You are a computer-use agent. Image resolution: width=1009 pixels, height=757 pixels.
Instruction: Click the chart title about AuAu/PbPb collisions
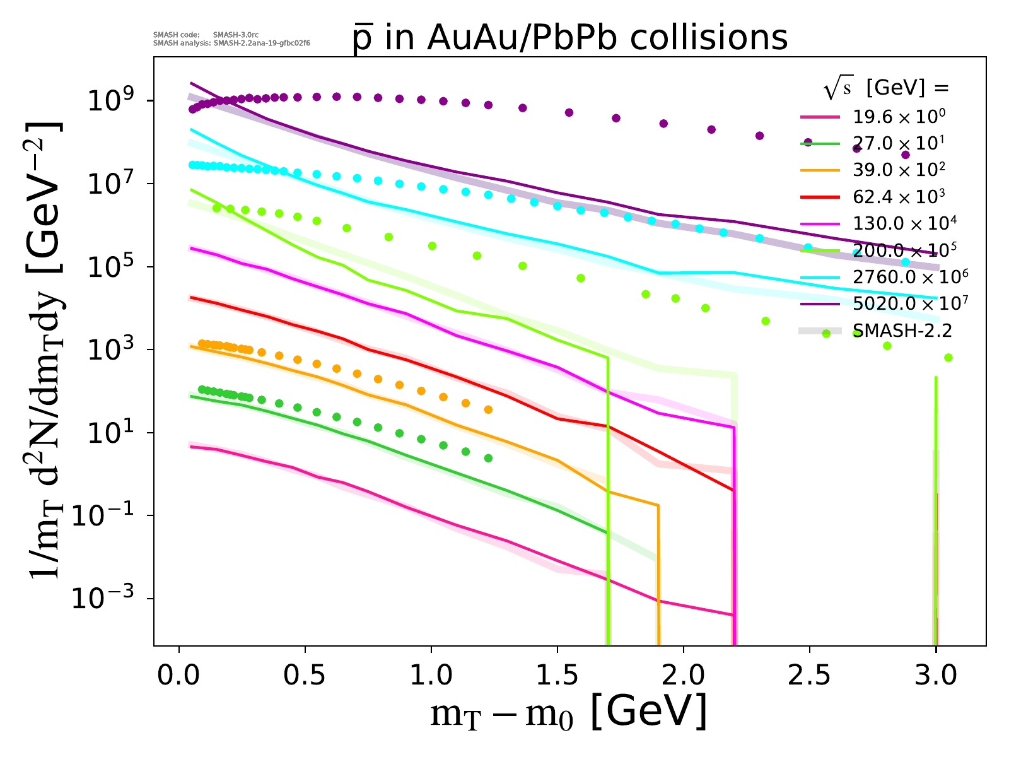[570, 38]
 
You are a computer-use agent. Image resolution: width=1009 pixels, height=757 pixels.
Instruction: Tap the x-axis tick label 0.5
[305, 676]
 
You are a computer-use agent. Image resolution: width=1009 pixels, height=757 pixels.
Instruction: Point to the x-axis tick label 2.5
[809, 676]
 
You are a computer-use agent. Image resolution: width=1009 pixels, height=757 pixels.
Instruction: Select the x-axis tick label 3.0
[935, 676]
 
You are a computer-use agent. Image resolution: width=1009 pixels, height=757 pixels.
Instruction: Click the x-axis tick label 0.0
[179, 676]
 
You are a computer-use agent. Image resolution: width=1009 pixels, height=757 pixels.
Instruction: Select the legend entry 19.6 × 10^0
[899, 117]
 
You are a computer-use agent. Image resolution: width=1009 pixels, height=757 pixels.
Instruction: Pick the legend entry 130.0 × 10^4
[903, 223]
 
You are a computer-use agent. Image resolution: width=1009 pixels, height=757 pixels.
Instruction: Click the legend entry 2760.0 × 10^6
[910, 277]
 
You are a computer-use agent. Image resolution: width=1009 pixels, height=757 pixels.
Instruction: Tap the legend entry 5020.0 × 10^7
[910, 303]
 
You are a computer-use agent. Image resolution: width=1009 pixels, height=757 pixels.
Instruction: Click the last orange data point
[488, 410]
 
